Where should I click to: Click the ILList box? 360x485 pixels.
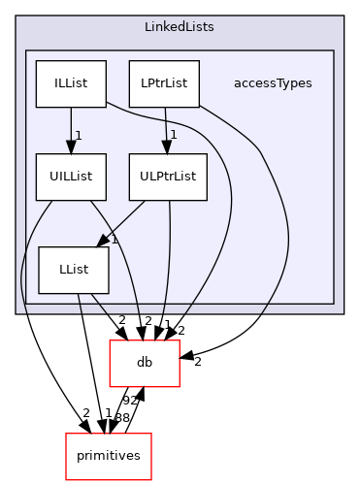coord(70,83)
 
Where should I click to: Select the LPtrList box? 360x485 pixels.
coord(164,83)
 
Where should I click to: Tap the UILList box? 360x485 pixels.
coord(70,177)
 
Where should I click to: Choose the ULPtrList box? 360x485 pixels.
coord(168,177)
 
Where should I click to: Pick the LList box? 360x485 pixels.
coord(74,271)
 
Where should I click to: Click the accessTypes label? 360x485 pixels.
coord(273,83)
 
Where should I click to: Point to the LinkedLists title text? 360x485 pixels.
coord(180,27)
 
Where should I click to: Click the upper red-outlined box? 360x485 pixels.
coord(144,363)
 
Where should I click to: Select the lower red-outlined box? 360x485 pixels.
coord(109,456)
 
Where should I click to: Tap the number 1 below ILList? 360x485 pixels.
coord(78,135)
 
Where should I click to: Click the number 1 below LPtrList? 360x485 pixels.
coord(173,135)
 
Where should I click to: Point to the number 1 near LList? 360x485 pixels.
coord(114,239)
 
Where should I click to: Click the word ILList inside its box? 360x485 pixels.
coord(70,83)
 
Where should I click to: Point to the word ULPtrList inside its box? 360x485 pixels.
coord(168,177)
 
